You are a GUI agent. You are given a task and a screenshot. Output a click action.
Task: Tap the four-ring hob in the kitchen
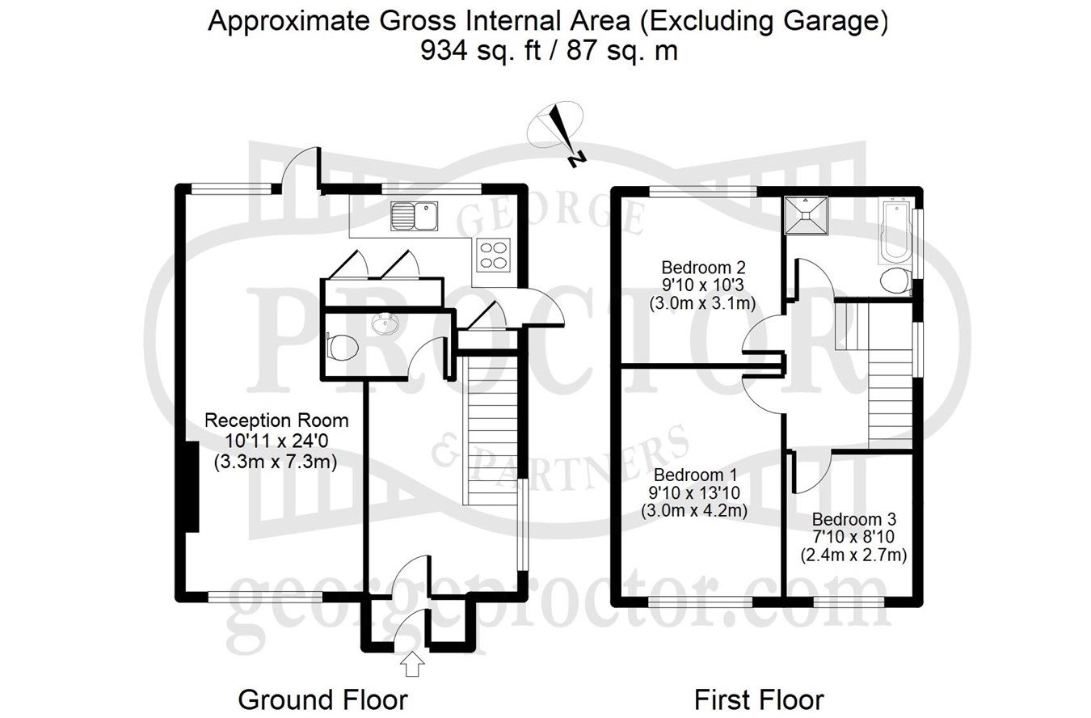click(x=494, y=255)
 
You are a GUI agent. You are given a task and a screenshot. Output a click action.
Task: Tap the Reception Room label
click(x=276, y=420)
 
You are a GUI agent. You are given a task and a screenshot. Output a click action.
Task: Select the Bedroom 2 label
click(x=702, y=267)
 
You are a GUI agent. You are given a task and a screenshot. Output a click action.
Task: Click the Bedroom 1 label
click(x=694, y=475)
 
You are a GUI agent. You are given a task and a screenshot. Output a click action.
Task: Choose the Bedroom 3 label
click(x=854, y=518)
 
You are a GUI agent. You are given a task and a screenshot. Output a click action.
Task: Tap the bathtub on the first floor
click(x=894, y=230)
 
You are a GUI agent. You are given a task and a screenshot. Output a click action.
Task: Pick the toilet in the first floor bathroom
click(x=895, y=281)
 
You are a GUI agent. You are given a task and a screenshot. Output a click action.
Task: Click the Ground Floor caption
click(x=322, y=699)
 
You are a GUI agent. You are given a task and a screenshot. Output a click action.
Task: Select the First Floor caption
click(x=759, y=699)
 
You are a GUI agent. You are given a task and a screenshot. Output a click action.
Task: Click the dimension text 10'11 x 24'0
click(x=276, y=441)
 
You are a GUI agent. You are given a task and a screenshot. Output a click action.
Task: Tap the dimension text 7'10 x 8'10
click(x=853, y=537)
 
